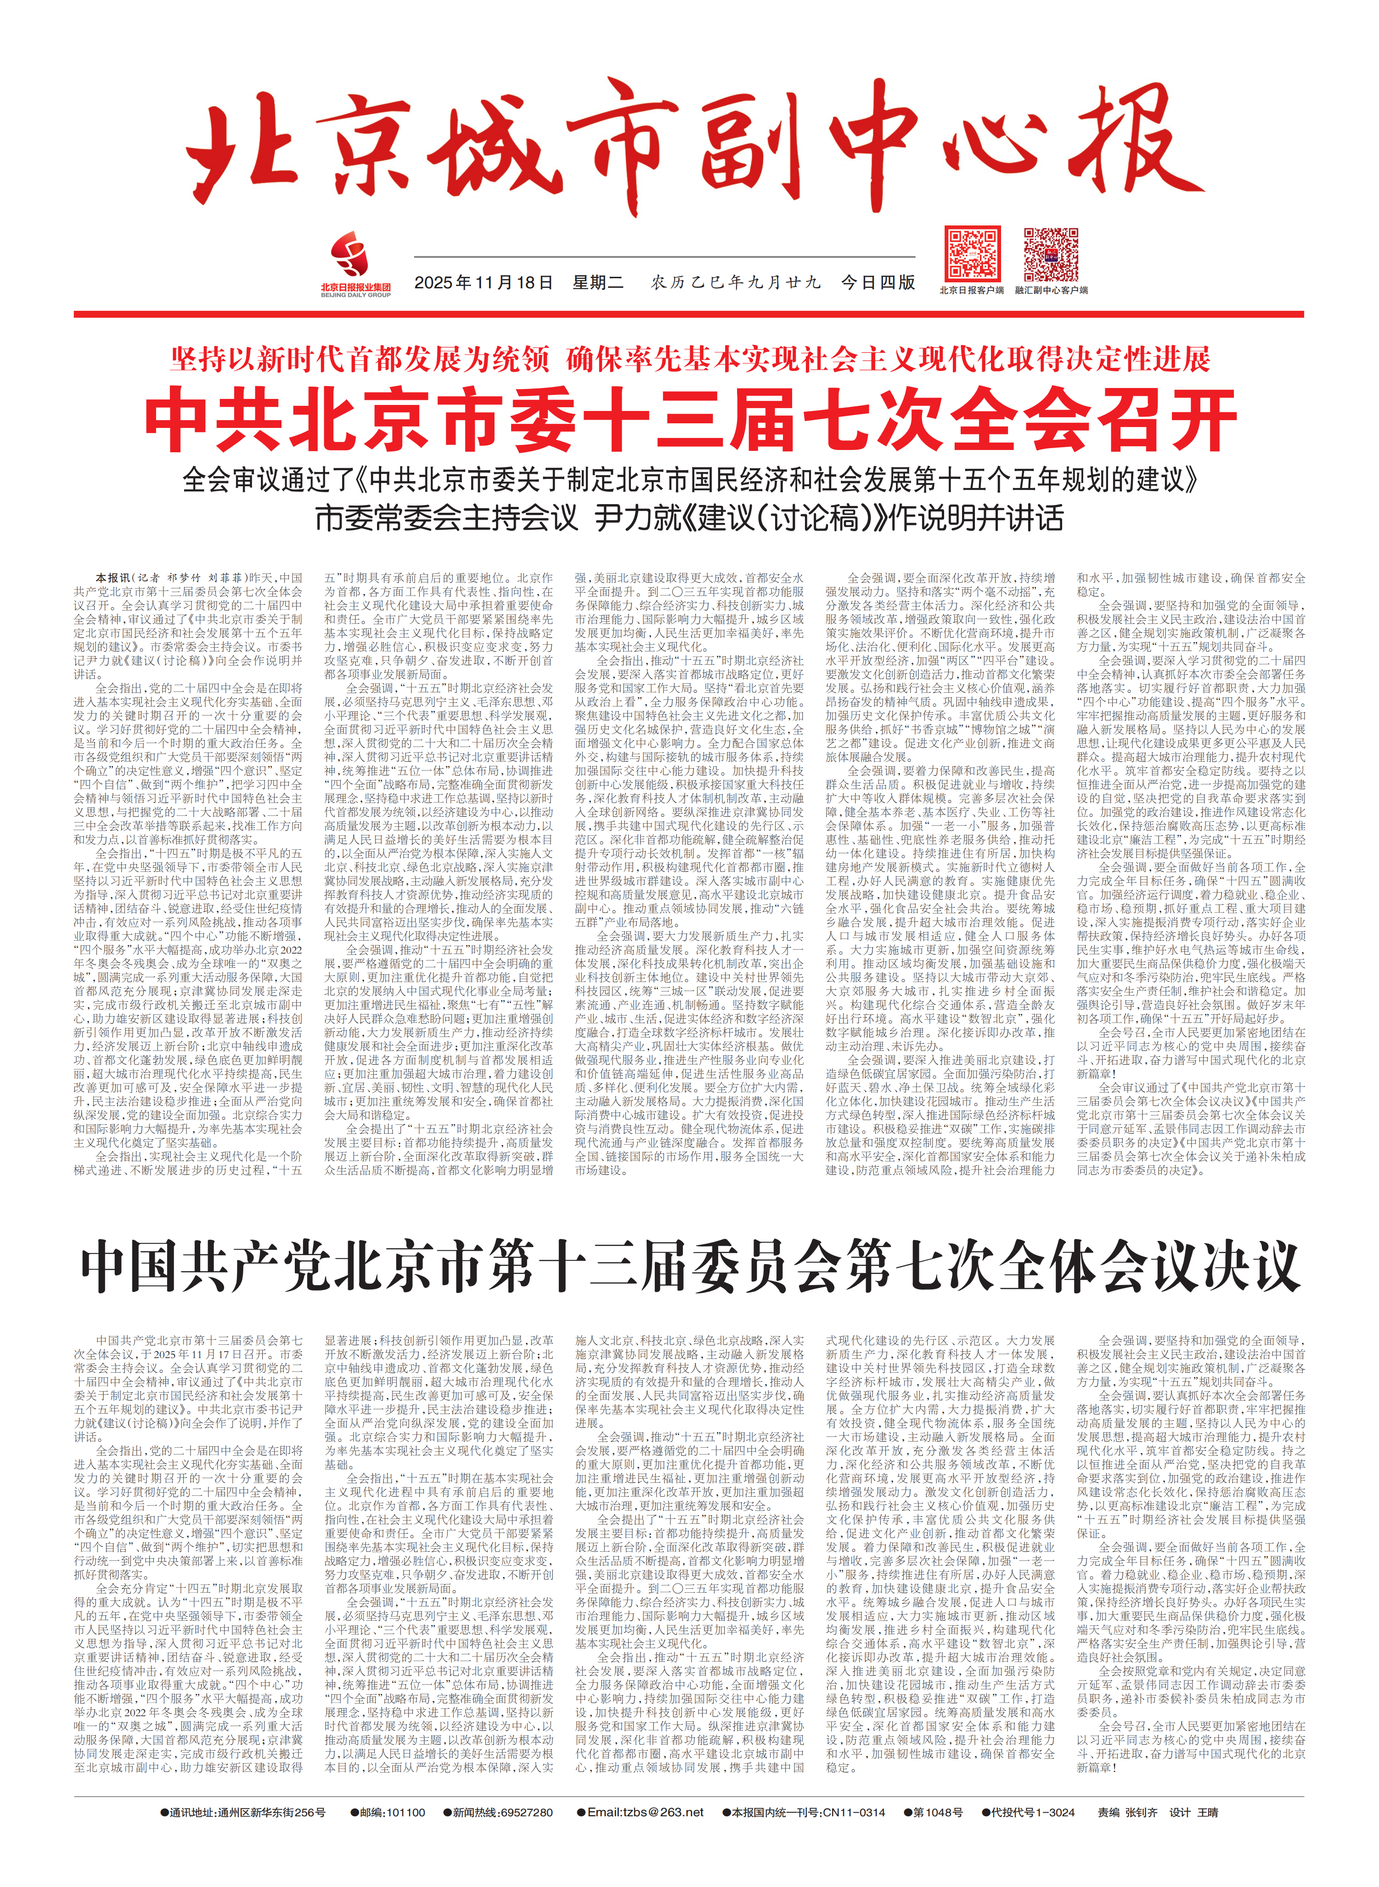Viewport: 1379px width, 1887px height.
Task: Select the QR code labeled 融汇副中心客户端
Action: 1051,254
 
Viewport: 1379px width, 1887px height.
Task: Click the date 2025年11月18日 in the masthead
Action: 484,283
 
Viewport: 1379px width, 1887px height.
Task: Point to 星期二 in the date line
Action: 598,283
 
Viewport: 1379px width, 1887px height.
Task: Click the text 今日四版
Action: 878,283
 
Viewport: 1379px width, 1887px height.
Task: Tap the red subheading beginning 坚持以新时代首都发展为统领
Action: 690,359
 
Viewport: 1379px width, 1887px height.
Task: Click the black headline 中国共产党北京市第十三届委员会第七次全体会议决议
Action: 690,1267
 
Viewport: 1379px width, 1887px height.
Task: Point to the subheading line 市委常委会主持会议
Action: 447,518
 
